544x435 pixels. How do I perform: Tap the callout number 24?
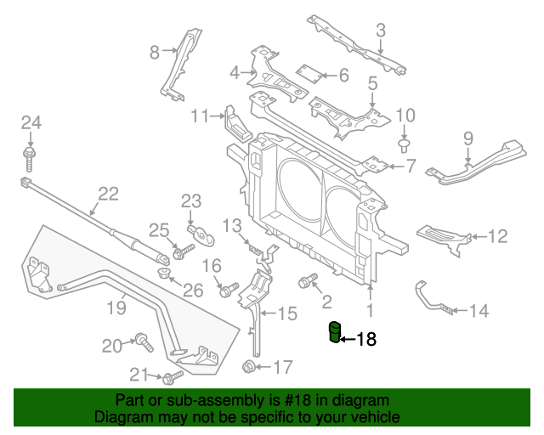click(31, 122)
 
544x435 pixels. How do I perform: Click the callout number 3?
click(381, 31)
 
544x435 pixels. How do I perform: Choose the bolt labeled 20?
click(143, 342)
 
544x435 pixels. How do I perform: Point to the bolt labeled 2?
click(306, 280)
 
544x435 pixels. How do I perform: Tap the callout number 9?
click(467, 138)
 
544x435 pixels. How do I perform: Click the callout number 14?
click(479, 312)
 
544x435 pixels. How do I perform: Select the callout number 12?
click(496, 235)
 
